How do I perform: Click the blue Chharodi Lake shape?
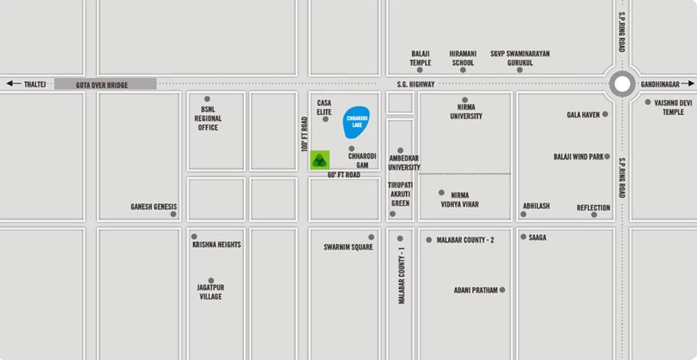coord(356,122)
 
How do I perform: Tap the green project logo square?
coord(319,160)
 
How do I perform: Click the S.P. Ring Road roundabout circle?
coord(622,85)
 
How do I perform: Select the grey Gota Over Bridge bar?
coord(105,84)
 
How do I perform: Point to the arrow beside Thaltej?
coord(13,84)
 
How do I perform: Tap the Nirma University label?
coord(466,111)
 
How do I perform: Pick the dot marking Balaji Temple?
coord(420,70)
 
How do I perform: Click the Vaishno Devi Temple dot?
coord(648,102)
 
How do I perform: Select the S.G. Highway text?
coord(416,84)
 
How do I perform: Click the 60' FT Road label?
coord(344,175)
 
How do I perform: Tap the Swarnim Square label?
coord(348,247)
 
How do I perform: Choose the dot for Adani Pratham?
coord(502,290)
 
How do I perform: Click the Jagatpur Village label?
coord(210,292)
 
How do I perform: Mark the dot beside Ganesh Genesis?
coord(173,214)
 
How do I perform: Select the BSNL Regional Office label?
coord(208,118)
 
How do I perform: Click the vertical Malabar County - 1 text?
coord(401,275)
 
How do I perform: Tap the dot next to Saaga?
coord(523,237)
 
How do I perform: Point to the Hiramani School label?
coord(462,58)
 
